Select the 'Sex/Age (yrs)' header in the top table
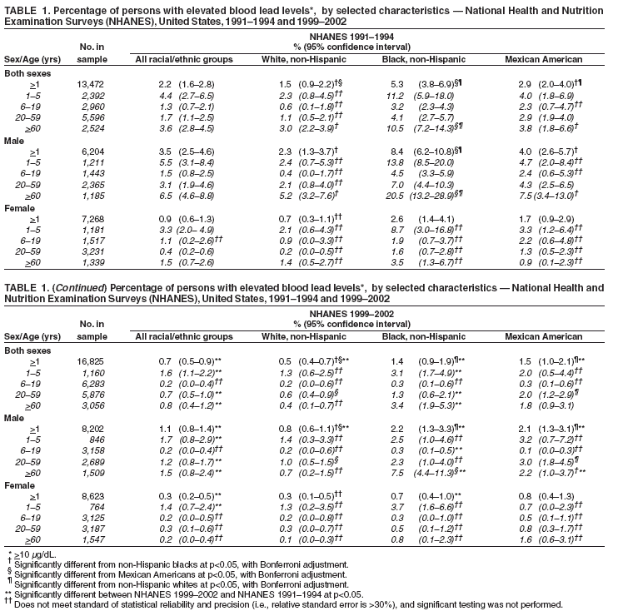pyautogui.click(x=33, y=59)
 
